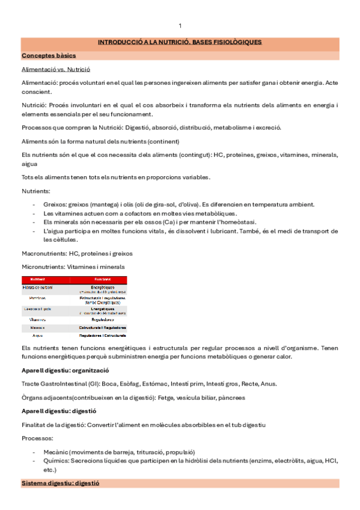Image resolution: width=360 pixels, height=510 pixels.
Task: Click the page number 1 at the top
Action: click(x=180, y=25)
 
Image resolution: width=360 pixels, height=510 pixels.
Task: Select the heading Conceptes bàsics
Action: click(x=45, y=55)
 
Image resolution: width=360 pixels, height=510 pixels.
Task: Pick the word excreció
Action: click(x=267, y=127)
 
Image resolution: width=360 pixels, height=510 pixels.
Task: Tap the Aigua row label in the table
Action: click(x=38, y=334)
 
